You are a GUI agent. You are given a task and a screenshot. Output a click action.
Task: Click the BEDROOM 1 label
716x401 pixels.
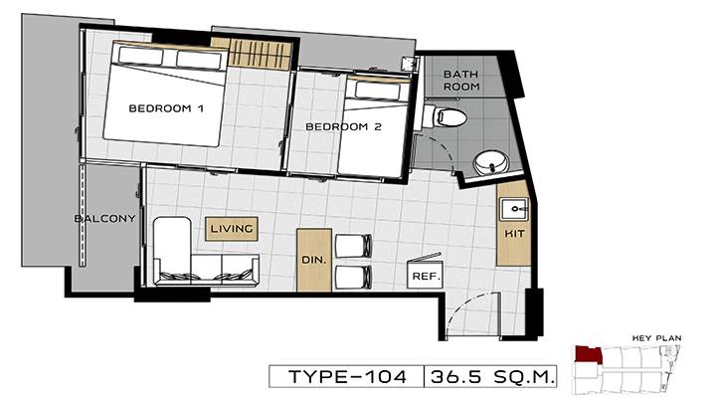point(166,108)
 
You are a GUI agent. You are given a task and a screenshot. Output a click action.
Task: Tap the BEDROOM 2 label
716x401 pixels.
point(343,126)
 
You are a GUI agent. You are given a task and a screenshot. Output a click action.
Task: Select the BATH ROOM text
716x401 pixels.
point(461,80)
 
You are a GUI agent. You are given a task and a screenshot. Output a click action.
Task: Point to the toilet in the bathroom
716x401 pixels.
point(445,116)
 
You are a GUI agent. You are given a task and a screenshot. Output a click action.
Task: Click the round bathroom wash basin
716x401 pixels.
point(491,162)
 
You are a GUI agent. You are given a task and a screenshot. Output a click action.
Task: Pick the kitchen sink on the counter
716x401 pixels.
point(515,209)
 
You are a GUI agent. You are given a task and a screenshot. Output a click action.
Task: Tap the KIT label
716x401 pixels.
point(514,234)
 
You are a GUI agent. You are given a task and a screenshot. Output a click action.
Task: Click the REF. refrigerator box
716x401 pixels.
point(426,275)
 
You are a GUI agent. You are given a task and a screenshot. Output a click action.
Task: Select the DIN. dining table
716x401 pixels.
point(314,260)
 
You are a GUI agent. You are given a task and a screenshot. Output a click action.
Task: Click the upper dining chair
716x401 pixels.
point(353,246)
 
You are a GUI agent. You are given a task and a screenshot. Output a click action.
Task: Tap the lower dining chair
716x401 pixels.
point(353,278)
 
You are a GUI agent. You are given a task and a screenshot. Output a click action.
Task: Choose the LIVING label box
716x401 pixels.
point(232,228)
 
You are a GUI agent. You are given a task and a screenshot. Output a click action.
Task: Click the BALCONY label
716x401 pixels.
point(104,218)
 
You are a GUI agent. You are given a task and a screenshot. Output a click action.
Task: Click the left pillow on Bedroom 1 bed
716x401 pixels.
point(140,56)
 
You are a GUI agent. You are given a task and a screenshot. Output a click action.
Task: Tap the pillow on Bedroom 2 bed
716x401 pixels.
point(377,91)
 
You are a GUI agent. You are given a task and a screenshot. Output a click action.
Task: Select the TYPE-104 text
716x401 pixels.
point(347,377)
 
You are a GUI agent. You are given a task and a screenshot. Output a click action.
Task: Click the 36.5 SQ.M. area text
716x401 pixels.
point(492,377)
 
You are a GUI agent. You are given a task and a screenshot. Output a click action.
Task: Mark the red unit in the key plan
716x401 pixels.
point(588,355)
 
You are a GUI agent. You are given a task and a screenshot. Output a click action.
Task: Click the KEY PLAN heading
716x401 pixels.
point(656,338)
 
